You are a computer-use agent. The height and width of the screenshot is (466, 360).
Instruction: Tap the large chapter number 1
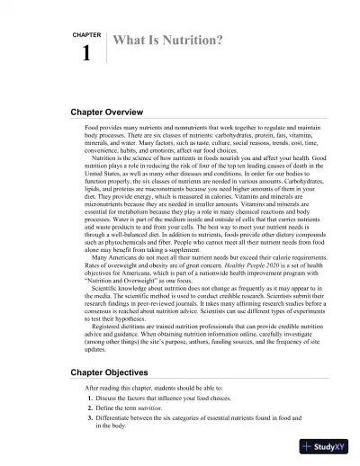86,54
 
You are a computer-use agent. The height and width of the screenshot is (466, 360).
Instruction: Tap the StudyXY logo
325,446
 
